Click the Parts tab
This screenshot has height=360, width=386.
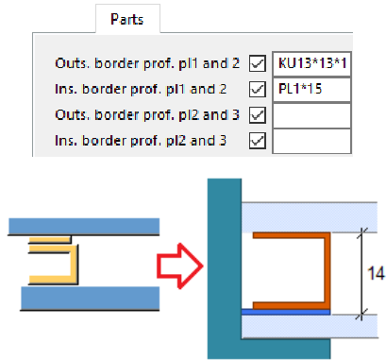pos(128,19)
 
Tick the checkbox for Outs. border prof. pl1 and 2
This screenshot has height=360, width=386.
pos(256,65)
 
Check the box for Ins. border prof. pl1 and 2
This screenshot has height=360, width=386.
pos(256,91)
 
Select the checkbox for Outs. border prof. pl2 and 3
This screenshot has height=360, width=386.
pos(256,116)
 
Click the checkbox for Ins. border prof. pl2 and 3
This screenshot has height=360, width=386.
pos(256,142)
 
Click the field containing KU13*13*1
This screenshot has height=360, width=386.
pos(311,65)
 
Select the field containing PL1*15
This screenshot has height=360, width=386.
pos(311,91)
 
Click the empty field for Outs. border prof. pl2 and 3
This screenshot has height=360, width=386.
pos(311,116)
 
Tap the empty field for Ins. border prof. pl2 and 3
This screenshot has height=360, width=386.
pos(311,142)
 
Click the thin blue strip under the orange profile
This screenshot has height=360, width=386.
pos(283,310)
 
